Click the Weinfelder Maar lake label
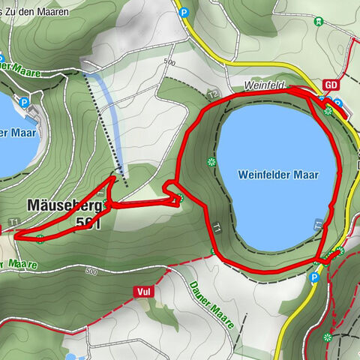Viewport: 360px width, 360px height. [x=278, y=175]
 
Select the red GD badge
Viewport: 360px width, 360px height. [x=331, y=85]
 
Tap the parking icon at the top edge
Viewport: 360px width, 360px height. [x=183, y=11]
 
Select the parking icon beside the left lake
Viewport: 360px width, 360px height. [x=24, y=102]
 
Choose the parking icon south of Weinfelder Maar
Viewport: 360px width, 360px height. [x=313, y=277]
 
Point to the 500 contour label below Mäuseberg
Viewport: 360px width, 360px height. [x=91, y=271]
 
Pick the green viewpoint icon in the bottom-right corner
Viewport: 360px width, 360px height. [x=326, y=337]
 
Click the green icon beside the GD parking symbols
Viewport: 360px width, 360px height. [x=328, y=110]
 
